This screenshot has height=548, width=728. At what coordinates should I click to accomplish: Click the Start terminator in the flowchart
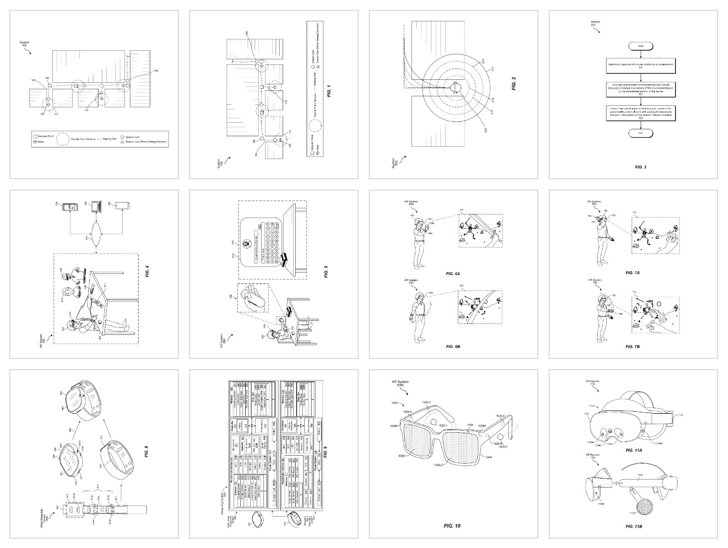tap(641, 45)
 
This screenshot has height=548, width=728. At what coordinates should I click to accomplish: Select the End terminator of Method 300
tap(641, 133)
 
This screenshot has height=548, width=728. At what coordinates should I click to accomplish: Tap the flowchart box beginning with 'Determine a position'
tap(641, 65)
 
